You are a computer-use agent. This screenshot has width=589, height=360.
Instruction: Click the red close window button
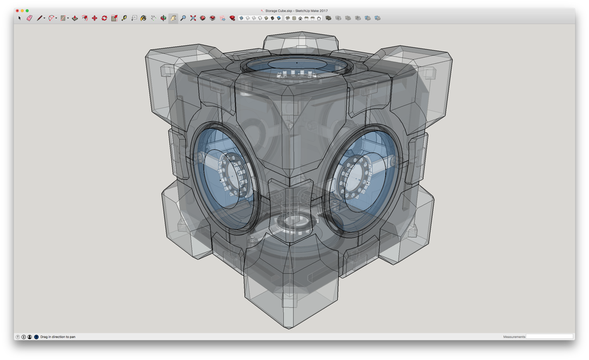click(x=17, y=11)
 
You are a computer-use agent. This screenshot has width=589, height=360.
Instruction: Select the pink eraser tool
click(x=29, y=18)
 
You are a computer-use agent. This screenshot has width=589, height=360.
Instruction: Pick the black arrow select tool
click(x=20, y=18)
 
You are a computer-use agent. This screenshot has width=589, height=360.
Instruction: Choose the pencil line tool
click(x=39, y=18)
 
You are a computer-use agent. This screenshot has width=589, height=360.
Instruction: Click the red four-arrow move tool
click(x=94, y=18)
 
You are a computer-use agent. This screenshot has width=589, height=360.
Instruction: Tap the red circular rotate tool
click(x=105, y=18)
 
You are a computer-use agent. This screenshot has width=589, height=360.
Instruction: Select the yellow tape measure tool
click(x=124, y=18)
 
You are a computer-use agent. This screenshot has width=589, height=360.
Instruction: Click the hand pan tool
click(x=173, y=18)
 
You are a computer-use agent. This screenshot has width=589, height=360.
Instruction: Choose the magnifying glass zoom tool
click(x=183, y=18)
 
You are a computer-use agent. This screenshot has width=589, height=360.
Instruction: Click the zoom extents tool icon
click(x=193, y=18)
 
